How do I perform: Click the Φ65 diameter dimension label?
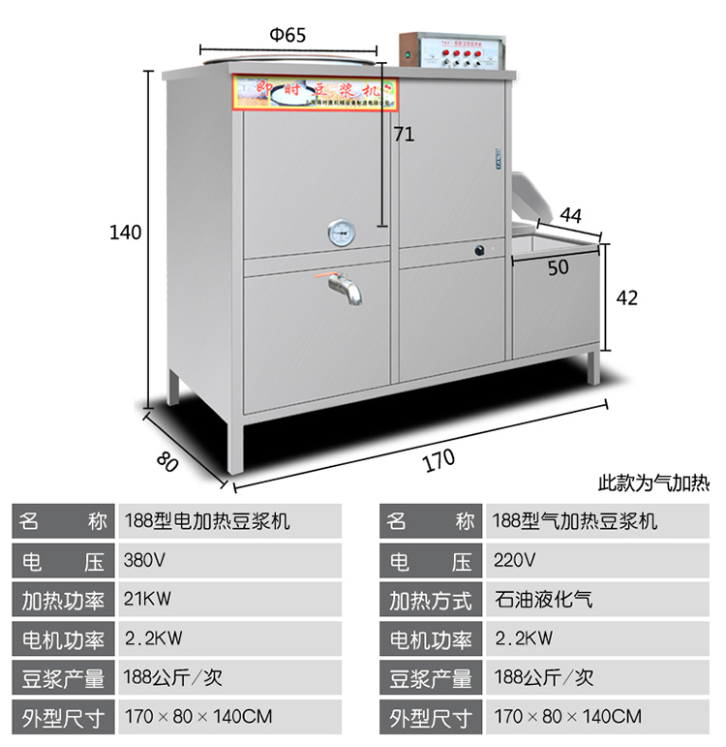(287, 35)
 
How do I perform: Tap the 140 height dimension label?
(126, 233)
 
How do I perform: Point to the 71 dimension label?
(404, 135)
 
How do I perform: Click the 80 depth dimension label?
(167, 458)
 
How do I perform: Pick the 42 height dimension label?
(627, 298)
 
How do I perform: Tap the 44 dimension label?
(571, 214)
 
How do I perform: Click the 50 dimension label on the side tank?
(559, 268)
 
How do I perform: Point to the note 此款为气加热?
(654, 482)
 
